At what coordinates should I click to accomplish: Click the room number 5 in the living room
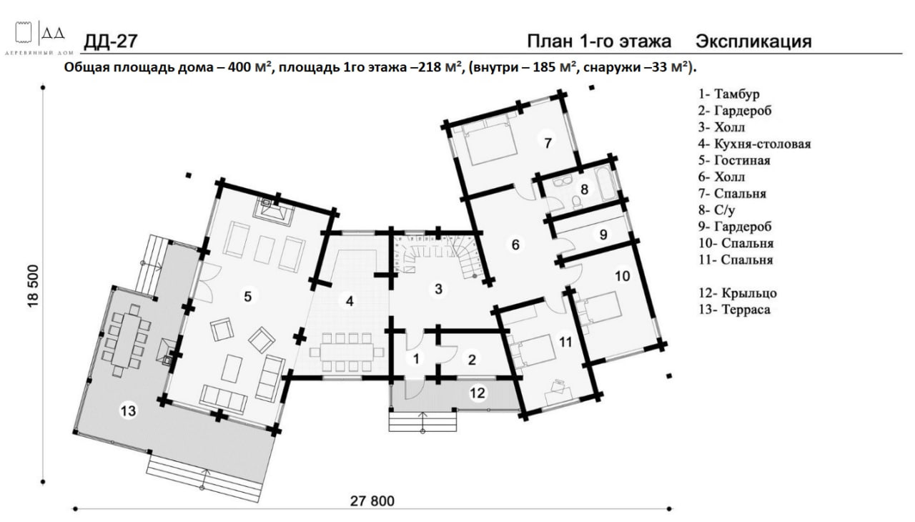click(247, 297)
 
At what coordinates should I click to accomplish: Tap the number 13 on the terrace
click(128, 410)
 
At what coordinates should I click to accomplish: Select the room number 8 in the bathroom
click(584, 189)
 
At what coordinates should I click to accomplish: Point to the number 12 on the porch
click(477, 393)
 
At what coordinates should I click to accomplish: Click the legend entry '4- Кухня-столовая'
click(754, 144)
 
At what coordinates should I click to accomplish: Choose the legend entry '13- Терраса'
click(734, 309)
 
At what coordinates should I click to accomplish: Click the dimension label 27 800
click(372, 501)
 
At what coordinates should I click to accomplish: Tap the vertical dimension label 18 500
click(33, 286)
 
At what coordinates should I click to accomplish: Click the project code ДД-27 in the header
click(111, 41)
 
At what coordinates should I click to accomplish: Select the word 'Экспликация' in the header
click(753, 41)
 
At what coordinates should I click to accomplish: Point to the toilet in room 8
click(576, 202)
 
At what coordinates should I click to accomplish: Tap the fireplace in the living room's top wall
click(273, 211)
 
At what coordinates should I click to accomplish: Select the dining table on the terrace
click(127, 340)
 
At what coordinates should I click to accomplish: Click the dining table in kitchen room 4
click(347, 352)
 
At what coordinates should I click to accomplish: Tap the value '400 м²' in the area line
click(249, 67)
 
